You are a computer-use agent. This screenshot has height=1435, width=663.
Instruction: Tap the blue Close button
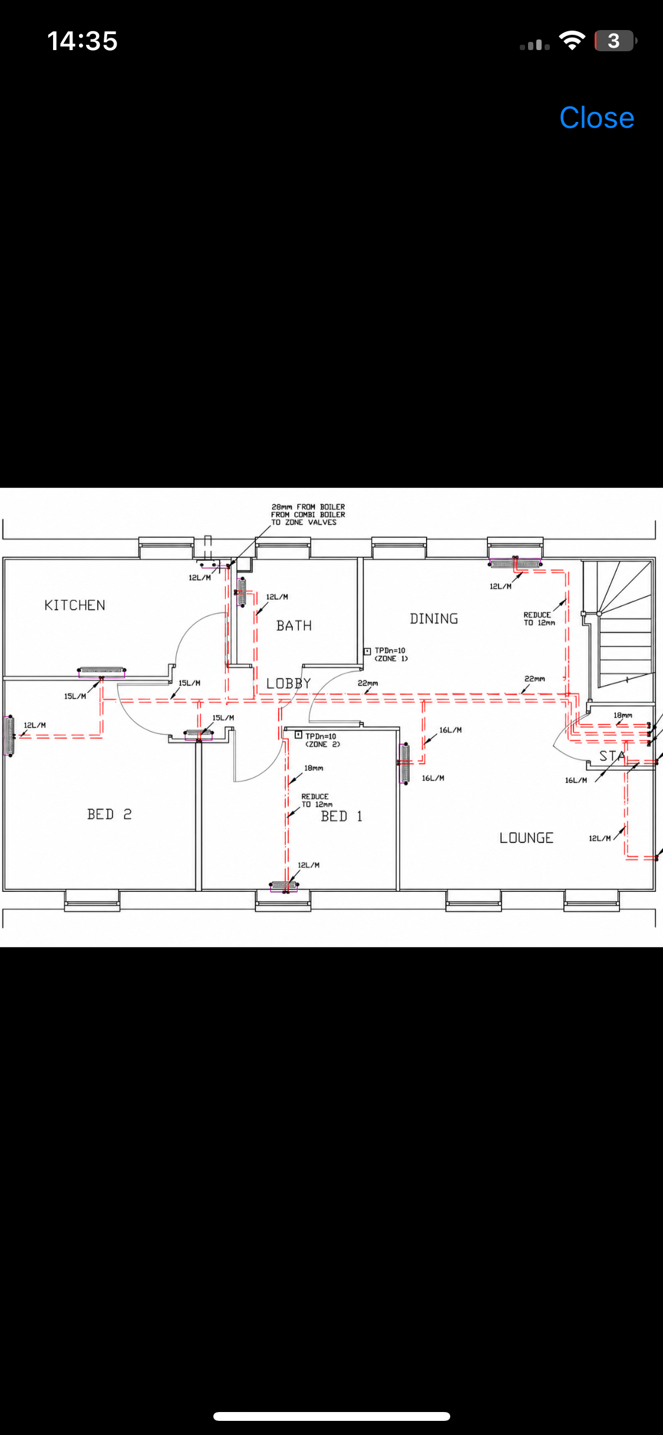pyautogui.click(x=596, y=118)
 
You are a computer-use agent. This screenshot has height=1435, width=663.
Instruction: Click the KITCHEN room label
pyautogui.click(x=75, y=605)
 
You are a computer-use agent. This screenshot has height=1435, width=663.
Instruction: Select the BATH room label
pyautogui.click(x=294, y=626)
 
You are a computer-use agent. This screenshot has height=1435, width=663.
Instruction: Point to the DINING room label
pyautogui.click(x=434, y=619)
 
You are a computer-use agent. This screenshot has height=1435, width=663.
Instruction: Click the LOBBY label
pyautogui.click(x=288, y=683)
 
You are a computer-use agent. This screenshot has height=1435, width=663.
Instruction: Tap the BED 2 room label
pyautogui.click(x=109, y=814)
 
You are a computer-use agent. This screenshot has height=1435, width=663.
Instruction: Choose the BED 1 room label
pyautogui.click(x=341, y=816)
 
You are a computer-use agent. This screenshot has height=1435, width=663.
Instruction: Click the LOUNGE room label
pyautogui.click(x=526, y=838)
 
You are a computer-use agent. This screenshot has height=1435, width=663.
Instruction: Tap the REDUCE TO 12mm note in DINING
pyautogui.click(x=539, y=619)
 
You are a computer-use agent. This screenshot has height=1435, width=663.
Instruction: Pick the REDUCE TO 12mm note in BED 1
pyautogui.click(x=317, y=800)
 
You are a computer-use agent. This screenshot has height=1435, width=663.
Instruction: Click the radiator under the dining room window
pyautogui.click(x=514, y=564)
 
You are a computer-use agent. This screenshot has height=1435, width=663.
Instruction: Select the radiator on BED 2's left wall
pyautogui.click(x=9, y=735)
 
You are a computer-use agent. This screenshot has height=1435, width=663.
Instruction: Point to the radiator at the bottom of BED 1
pyautogui.click(x=283, y=885)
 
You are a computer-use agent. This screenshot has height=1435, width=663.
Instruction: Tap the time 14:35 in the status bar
pyautogui.click(x=83, y=41)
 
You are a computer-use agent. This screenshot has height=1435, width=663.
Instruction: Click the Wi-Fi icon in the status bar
pyautogui.click(x=572, y=41)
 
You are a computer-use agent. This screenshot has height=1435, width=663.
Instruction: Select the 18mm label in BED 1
pyautogui.click(x=314, y=768)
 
